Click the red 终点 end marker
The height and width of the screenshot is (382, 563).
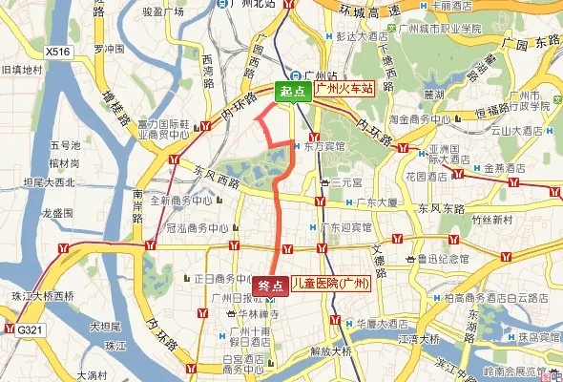[272, 285]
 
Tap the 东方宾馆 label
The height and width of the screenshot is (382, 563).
[326, 147]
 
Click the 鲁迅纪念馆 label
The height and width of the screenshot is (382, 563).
[441, 258]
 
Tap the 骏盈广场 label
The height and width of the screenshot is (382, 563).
[161, 12]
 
